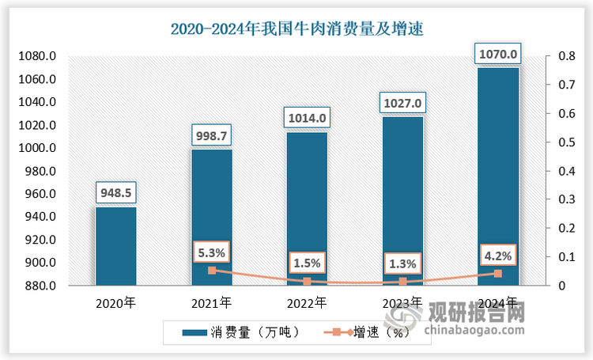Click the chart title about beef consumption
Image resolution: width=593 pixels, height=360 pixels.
[297, 29]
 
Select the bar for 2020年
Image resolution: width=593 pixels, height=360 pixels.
[115, 245]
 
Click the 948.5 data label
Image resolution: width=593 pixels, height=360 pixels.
[115, 192]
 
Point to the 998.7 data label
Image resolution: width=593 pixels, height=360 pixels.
[211, 135]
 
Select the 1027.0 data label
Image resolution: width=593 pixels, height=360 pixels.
[402, 103]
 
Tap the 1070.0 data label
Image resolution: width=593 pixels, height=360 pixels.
[498, 54]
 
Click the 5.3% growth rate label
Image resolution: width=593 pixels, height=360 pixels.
[211, 253]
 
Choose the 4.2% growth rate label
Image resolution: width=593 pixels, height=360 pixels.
[498, 256]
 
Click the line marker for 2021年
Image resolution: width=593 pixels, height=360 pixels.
[211, 271]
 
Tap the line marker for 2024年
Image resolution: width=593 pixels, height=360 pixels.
[498, 274]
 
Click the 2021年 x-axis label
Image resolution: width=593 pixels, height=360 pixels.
[211, 302]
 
